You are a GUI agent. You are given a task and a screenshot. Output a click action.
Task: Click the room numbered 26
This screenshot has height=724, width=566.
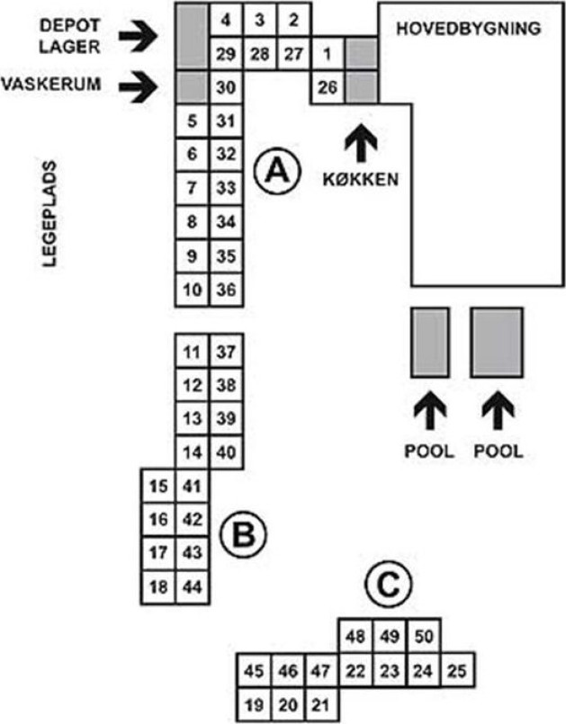(327, 88)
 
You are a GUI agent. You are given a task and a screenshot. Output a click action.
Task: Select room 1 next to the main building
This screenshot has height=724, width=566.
(327, 54)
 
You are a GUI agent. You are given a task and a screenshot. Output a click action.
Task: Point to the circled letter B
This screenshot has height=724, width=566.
(242, 537)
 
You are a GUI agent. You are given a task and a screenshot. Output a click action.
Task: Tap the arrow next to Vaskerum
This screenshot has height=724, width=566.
(139, 87)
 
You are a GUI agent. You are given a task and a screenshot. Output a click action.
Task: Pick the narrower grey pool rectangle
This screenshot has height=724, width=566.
(429, 342)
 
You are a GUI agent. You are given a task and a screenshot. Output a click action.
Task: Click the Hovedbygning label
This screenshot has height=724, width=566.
(468, 28)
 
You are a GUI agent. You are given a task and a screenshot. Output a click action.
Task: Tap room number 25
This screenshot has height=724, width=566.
(458, 669)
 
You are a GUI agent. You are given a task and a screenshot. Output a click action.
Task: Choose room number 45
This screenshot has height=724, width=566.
(253, 669)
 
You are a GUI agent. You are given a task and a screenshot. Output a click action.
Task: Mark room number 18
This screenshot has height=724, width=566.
(158, 586)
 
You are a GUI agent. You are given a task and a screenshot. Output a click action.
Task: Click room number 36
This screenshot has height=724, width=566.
(227, 290)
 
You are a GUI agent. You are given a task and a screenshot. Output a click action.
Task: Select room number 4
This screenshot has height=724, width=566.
(227, 19)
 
